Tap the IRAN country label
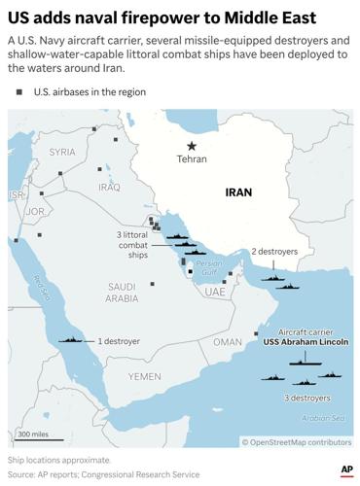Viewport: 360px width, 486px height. (238, 192)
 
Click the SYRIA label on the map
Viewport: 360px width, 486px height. (62, 152)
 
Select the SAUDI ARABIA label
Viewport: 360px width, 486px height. (122, 293)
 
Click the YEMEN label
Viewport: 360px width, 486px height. (143, 375)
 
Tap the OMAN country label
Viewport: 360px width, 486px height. (227, 342)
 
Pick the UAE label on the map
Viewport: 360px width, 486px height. (215, 292)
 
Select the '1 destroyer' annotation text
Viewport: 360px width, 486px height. (119, 341)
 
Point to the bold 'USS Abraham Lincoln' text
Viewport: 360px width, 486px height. (306, 343)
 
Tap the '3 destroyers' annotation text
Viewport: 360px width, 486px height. (306, 398)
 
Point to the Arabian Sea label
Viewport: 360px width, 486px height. (329, 419)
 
